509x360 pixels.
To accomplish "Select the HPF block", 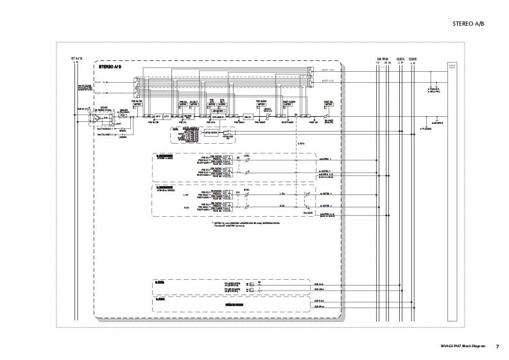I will point(157,117).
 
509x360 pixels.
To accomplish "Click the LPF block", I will point(166,117).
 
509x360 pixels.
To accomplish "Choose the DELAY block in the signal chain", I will point(247,117).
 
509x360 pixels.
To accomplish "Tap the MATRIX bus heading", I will point(383,58).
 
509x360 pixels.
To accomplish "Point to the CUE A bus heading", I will point(401,58).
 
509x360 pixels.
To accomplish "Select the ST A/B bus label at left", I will point(76,58).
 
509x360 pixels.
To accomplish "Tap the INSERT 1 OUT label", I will point(327,71).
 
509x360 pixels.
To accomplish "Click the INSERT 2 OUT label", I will point(327,81).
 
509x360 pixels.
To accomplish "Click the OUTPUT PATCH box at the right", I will point(452,66).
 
